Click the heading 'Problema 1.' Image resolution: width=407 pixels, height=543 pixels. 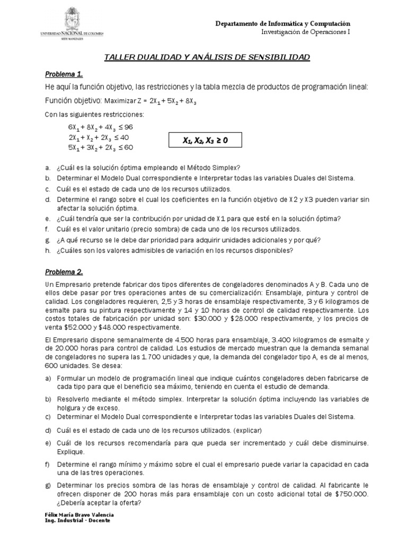tap(64, 73)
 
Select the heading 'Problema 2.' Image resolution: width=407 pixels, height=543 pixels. tap(64, 272)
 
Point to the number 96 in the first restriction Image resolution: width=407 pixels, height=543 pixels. tap(128, 127)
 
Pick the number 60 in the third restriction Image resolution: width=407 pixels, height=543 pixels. tap(128, 147)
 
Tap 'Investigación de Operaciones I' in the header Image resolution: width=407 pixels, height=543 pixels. tap(306, 32)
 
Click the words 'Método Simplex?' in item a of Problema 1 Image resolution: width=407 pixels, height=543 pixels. tap(216, 168)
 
